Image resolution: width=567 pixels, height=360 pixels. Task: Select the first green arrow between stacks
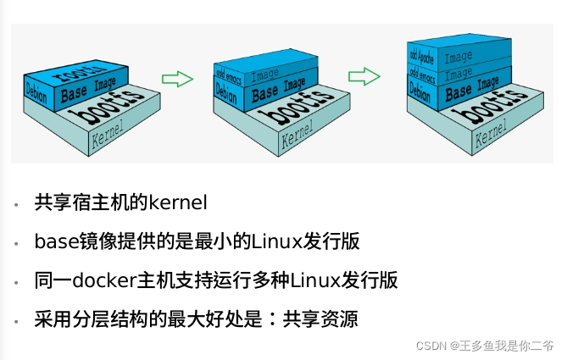(x=177, y=79)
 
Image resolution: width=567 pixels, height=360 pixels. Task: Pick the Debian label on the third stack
(x=420, y=89)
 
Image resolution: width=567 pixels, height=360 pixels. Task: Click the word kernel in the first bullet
(x=178, y=203)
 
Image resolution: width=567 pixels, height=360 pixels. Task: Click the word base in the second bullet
(x=52, y=241)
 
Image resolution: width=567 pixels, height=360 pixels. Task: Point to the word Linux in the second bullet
(x=271, y=241)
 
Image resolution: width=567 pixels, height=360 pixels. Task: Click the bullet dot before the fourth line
(x=17, y=321)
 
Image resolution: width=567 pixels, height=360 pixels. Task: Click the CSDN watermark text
(x=432, y=346)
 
